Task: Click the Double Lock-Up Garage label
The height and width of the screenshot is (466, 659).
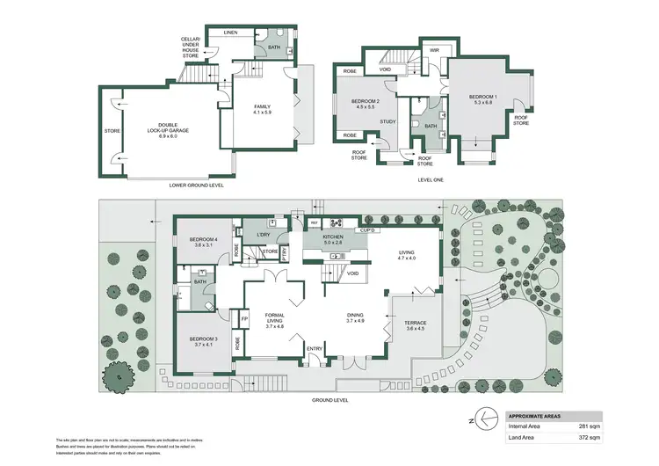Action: [x=174, y=128]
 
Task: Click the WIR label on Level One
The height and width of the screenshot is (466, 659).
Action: [x=434, y=51]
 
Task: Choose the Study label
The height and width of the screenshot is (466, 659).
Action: [x=388, y=122]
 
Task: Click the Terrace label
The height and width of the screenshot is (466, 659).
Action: [x=415, y=325]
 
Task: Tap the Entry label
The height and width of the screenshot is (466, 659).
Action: [x=314, y=349]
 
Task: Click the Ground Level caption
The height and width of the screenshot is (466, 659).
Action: [x=330, y=399]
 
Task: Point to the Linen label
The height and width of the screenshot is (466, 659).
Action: [x=230, y=33]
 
